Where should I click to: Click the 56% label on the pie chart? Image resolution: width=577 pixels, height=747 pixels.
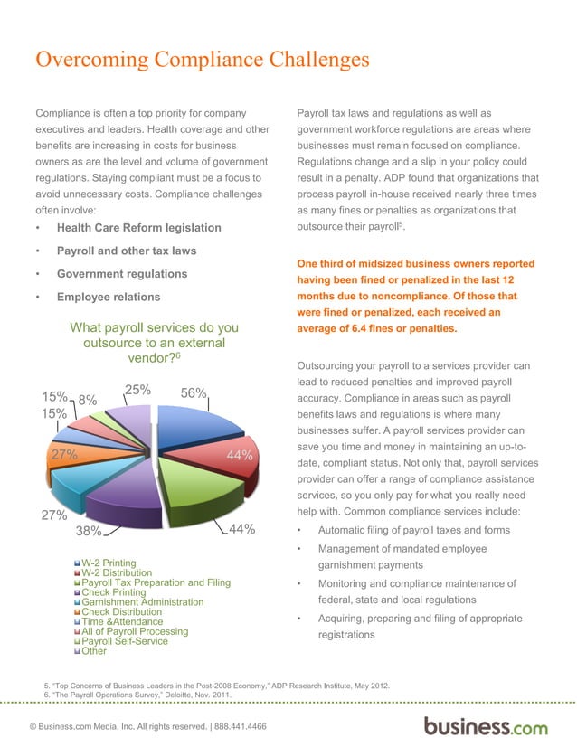pyautogui.click(x=194, y=393)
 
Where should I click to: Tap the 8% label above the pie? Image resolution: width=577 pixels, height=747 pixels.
pyautogui.click(x=88, y=399)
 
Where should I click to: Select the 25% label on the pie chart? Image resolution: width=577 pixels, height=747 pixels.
pyautogui.click(x=137, y=391)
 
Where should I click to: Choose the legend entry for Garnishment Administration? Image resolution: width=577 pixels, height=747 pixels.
pyautogui.click(x=143, y=602)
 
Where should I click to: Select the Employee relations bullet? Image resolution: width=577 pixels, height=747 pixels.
pyautogui.click(x=109, y=297)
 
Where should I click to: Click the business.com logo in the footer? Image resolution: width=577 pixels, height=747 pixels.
pyautogui.click(x=486, y=725)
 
